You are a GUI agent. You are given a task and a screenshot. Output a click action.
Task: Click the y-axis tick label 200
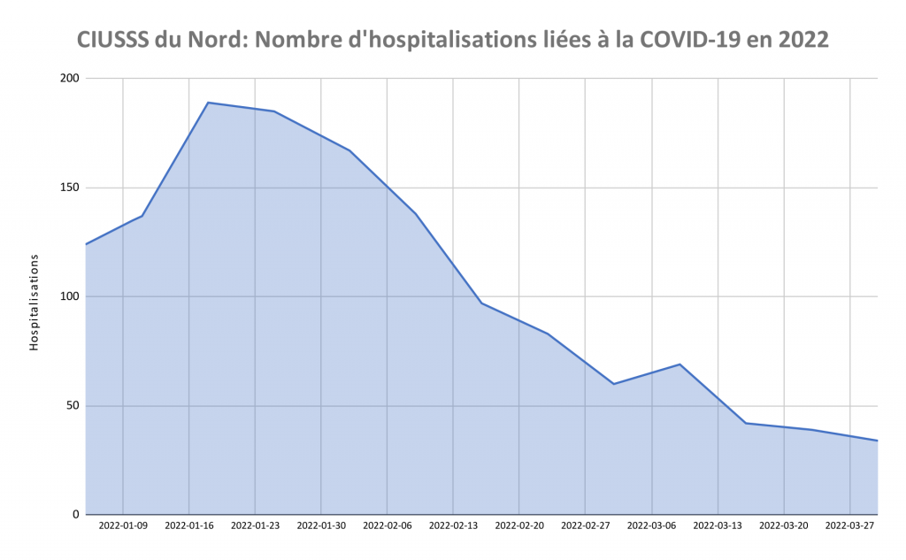(70, 79)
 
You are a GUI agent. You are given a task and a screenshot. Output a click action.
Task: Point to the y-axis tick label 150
(70, 188)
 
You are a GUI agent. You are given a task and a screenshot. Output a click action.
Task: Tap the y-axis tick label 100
(70, 296)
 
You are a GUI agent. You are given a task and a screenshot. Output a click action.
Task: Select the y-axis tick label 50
(73, 406)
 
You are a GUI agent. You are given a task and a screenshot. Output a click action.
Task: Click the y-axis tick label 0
(76, 515)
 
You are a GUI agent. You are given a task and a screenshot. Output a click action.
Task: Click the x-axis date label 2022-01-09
(123, 525)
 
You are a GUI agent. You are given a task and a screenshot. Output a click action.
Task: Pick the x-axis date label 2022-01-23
(255, 525)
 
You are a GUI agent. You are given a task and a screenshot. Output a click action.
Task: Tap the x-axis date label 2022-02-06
(388, 525)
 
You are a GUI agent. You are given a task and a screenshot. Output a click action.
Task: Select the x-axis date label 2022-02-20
(519, 525)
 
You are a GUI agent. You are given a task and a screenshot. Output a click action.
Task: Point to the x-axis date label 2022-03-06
(652, 525)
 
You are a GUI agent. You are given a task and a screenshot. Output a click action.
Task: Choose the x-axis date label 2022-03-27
(849, 525)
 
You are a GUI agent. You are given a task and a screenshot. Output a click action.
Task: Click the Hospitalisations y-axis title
(35, 303)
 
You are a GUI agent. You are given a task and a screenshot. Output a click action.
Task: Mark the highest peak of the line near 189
(208, 103)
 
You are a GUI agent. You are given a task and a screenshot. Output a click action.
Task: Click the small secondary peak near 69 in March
(679, 364)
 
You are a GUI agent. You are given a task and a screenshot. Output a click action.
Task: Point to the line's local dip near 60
(613, 384)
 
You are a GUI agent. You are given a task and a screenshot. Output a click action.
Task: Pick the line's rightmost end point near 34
(877, 441)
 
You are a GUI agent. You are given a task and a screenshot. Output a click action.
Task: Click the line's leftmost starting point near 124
(86, 244)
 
